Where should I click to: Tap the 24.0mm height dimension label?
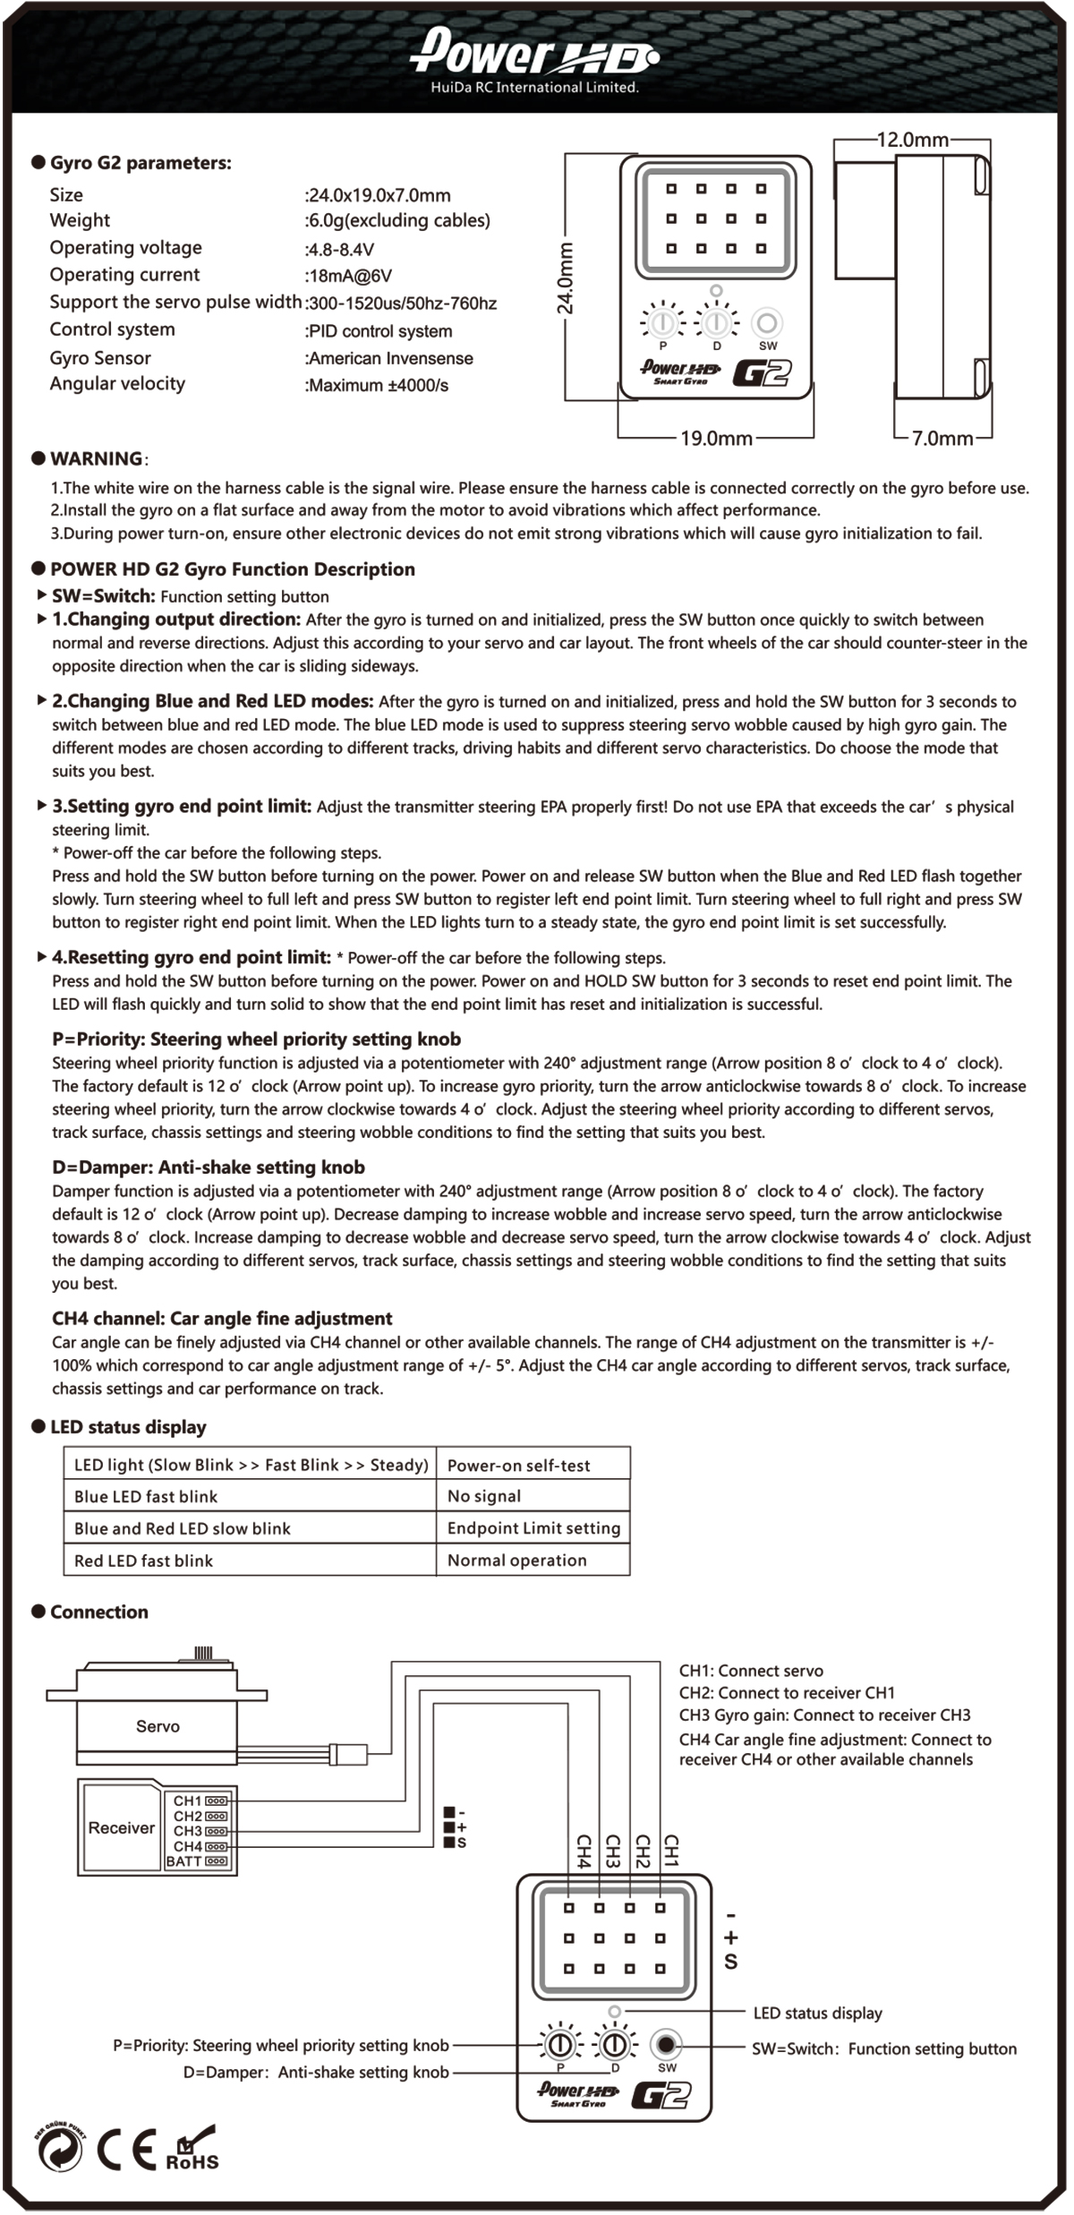tap(566, 278)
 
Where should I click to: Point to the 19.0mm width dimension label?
tap(716, 439)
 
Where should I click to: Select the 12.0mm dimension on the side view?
tap(912, 140)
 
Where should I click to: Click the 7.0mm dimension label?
tap(942, 439)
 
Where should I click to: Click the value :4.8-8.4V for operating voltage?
tap(340, 250)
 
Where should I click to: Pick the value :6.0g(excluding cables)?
tap(397, 221)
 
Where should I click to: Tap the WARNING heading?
tap(96, 459)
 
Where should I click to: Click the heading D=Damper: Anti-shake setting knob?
tap(209, 1167)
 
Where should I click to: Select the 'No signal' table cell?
tap(484, 1496)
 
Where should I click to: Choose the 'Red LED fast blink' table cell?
tap(143, 1561)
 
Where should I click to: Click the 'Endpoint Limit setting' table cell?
tap(533, 1528)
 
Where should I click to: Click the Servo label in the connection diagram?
tap(158, 1726)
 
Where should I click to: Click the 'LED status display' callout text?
tap(817, 2014)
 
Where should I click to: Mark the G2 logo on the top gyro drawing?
tap(762, 372)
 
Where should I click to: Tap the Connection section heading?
tap(99, 1612)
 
